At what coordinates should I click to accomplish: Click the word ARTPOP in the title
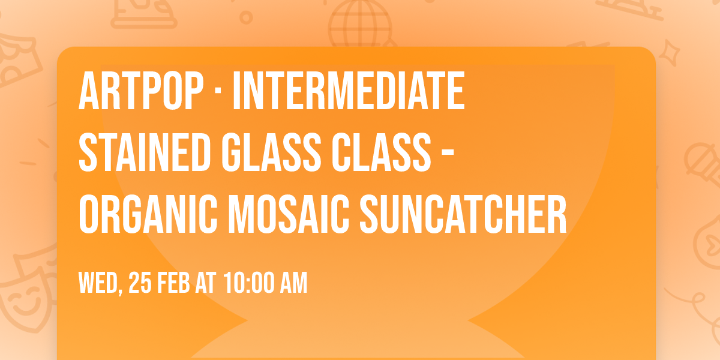tap(141, 91)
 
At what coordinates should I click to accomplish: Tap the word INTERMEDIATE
tap(349, 91)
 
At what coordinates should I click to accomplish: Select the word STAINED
tap(145, 152)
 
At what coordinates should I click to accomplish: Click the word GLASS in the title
tap(271, 152)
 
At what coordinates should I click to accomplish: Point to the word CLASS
tap(381, 152)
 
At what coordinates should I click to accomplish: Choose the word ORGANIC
tap(148, 214)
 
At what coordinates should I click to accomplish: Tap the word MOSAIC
tap(289, 214)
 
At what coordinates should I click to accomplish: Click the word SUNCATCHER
tap(463, 214)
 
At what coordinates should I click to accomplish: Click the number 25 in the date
tap(140, 283)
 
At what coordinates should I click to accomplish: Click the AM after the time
tap(294, 283)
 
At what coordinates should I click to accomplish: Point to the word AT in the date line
tap(205, 283)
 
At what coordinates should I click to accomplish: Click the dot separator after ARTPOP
tap(218, 91)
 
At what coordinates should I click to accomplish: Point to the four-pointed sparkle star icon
tap(669, 52)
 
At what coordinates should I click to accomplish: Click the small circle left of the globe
tap(246, 17)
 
